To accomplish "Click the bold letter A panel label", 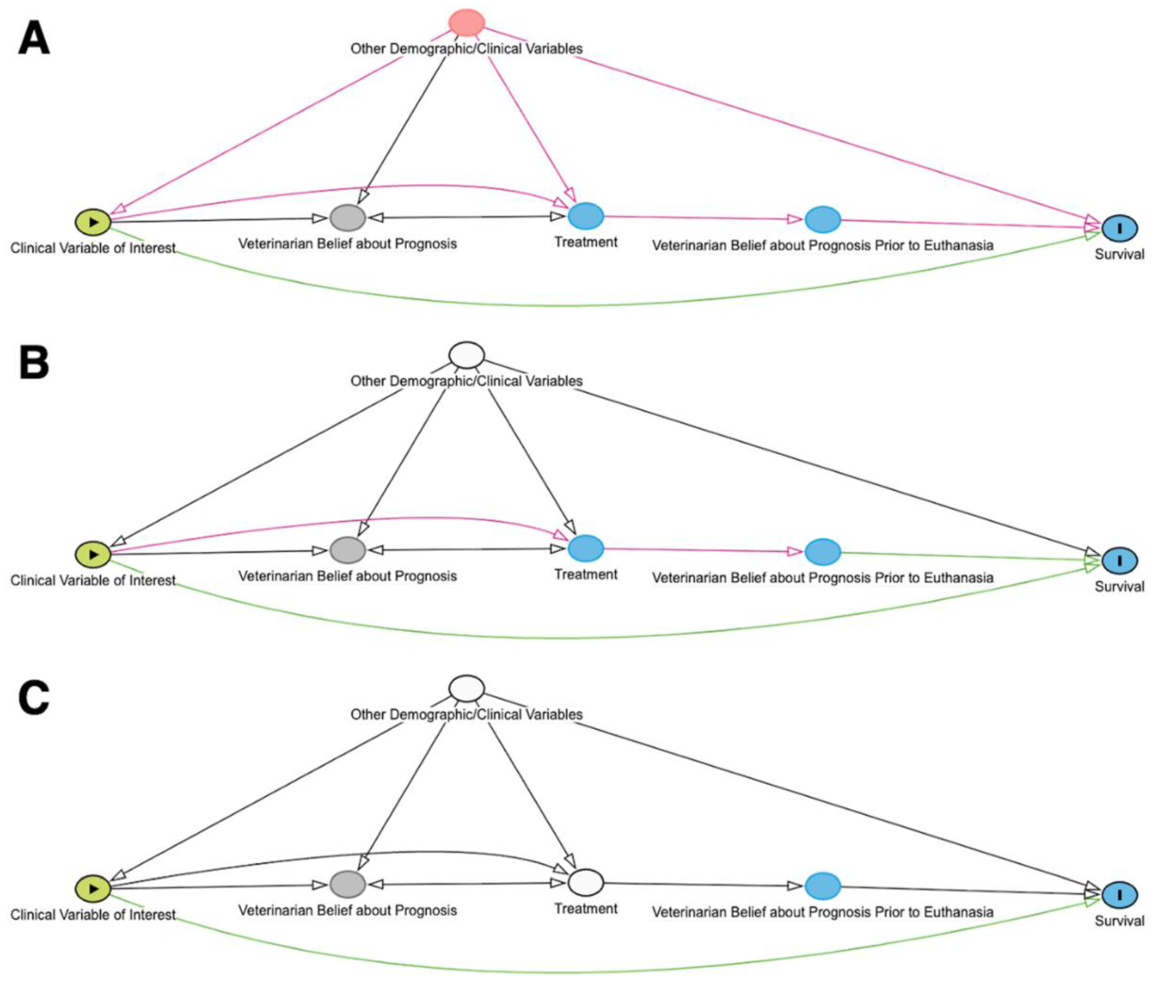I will click(x=33, y=40).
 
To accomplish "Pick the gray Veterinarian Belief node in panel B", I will click(x=347, y=550).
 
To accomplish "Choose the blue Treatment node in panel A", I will click(x=586, y=216).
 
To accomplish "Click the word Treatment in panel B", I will click(x=586, y=574).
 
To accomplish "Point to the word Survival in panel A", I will click(x=1119, y=255).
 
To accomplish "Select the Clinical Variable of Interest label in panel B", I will click(x=93, y=581).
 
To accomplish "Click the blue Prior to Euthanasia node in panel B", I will click(x=823, y=551).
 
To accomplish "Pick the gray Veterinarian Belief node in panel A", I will click(x=347, y=218).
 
